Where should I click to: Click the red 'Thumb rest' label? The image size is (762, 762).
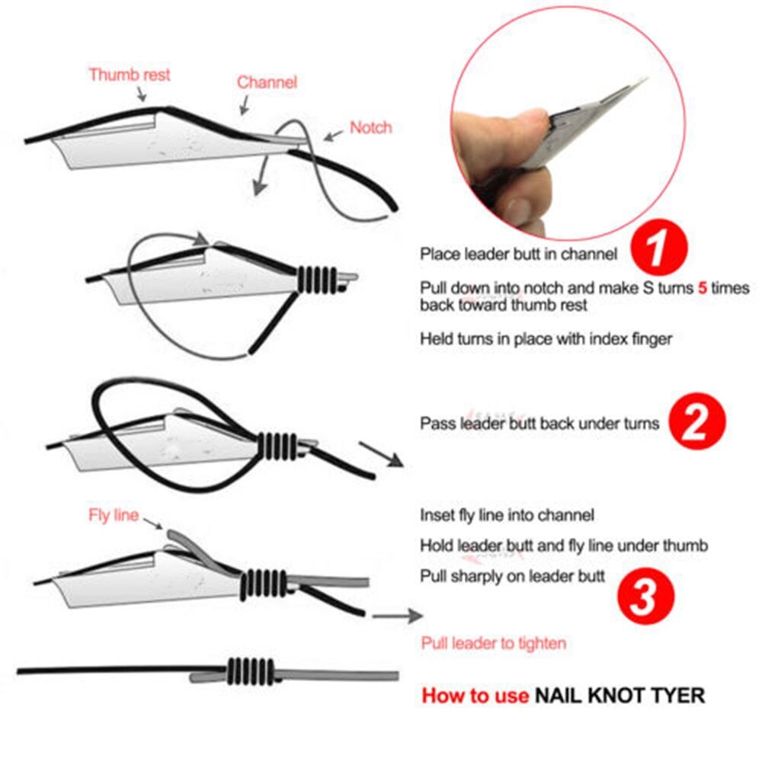[130, 75]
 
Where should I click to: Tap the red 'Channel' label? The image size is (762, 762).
[267, 82]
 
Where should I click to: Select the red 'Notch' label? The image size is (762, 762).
[370, 127]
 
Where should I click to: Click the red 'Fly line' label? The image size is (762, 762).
[114, 516]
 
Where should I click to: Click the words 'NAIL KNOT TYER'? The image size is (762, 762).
[620, 695]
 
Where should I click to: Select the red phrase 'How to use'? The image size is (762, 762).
[475, 695]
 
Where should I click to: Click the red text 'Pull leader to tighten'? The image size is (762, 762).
[494, 644]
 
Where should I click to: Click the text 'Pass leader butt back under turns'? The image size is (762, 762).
[539, 424]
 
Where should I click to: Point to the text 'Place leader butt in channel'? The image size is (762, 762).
[519, 255]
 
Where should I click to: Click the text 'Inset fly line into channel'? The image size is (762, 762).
[507, 515]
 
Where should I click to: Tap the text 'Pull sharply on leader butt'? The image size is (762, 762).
[513, 576]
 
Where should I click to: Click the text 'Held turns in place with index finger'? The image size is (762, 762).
[546, 338]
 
